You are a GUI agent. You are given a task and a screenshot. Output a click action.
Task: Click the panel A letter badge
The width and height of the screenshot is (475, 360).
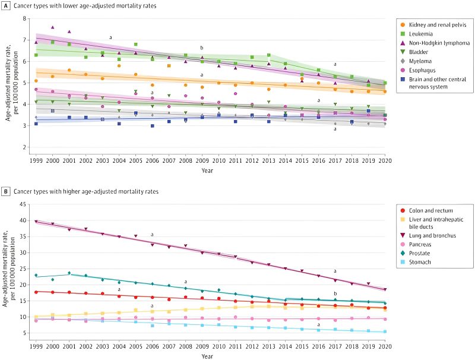6,6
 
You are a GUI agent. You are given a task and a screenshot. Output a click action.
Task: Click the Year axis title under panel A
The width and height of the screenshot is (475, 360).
210,171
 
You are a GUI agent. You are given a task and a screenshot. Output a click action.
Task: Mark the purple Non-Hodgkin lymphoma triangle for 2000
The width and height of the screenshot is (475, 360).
52,27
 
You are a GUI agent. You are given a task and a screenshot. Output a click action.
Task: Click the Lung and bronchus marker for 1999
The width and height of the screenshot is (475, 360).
36,222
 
